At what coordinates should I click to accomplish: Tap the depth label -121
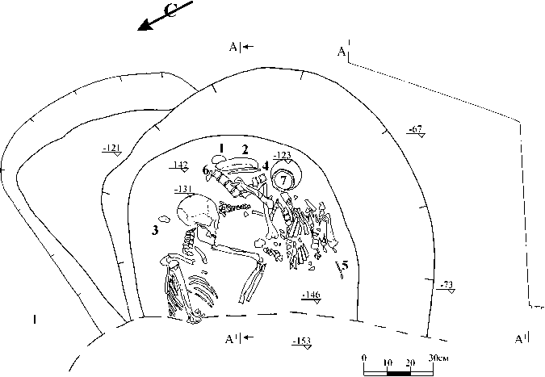tap(111, 147)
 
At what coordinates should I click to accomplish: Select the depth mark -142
tap(180, 165)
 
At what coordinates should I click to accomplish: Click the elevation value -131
tap(183, 190)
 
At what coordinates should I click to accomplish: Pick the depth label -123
tap(282, 155)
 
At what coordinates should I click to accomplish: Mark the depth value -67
tap(415, 130)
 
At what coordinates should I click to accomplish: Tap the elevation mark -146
tap(310, 295)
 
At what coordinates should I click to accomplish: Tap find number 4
tap(265, 165)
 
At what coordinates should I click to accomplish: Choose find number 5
tap(345, 264)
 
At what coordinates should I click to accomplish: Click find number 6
tap(206, 171)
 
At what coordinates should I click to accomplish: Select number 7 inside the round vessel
tap(283, 179)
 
